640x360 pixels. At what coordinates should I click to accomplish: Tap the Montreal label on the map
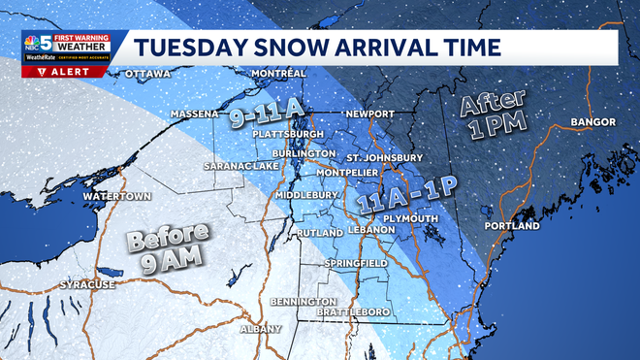[x=278, y=74]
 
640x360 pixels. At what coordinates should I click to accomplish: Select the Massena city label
[x=195, y=114]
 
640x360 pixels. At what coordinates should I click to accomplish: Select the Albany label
[x=260, y=329]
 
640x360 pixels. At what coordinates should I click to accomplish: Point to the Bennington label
[x=304, y=301]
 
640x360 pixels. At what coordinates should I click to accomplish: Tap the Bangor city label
[x=592, y=122]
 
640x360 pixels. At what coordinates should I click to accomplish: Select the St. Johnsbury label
[x=385, y=157]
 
